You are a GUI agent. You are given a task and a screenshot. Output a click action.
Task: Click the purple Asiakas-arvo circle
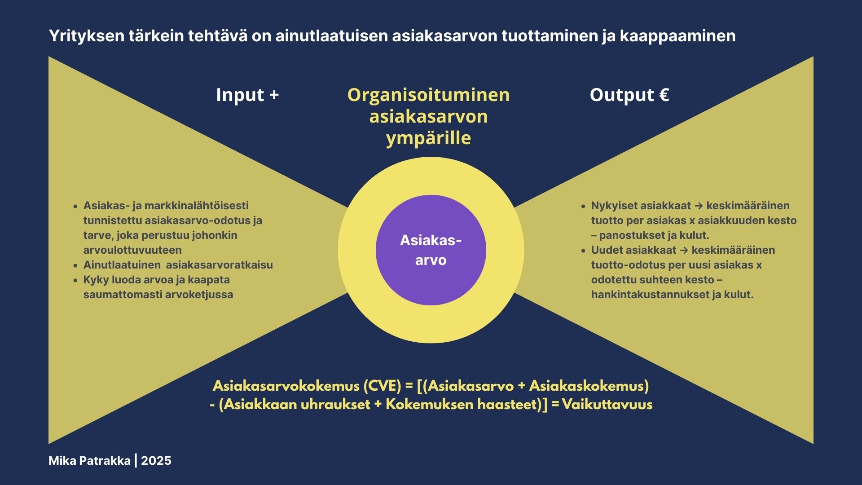click(x=431, y=250)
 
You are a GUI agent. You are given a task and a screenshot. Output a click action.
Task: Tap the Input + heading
click(x=247, y=95)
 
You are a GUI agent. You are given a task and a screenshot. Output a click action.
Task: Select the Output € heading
click(x=629, y=95)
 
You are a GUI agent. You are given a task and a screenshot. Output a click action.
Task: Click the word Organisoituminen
click(x=429, y=95)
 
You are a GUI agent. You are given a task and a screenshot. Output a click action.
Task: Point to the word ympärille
click(x=428, y=138)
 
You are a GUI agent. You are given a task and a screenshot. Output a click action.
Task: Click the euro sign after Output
click(x=664, y=95)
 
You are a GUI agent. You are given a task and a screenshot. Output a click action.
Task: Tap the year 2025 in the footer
click(x=156, y=461)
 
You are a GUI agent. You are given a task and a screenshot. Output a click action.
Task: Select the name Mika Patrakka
click(x=89, y=461)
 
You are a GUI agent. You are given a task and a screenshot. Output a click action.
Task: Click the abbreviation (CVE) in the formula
click(x=382, y=386)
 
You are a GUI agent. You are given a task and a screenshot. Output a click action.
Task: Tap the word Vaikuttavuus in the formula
click(x=607, y=404)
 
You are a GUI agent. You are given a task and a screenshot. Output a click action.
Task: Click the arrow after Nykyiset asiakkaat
click(x=699, y=206)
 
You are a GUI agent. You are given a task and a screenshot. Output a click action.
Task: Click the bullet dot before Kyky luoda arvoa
click(x=75, y=280)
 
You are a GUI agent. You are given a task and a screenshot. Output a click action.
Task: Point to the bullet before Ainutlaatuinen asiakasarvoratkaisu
click(x=75, y=265)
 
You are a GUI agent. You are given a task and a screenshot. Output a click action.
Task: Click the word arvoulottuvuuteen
click(x=132, y=250)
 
